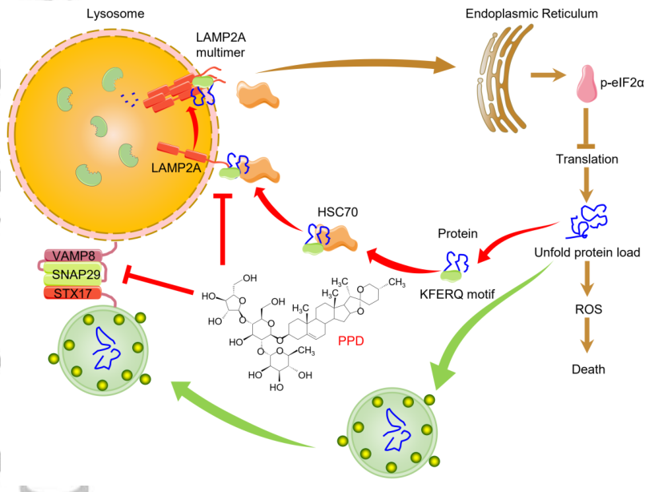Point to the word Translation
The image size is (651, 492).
coord(587,159)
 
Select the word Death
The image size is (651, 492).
coord(588,369)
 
